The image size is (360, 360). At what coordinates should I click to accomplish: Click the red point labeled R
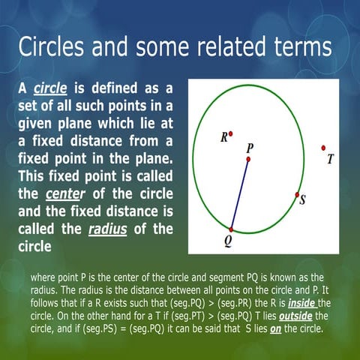(231, 134)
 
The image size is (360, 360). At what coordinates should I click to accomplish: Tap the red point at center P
(248, 159)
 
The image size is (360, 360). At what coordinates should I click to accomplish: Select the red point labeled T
(323, 148)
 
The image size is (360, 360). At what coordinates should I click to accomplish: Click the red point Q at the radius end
(232, 229)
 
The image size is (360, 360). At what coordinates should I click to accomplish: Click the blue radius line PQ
(240, 193)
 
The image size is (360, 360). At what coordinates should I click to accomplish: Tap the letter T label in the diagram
(330, 160)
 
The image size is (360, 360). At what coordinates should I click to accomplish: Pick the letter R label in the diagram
(223, 137)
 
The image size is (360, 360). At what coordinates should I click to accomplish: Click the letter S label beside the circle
(302, 200)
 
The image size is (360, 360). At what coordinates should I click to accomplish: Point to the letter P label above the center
(249, 148)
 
